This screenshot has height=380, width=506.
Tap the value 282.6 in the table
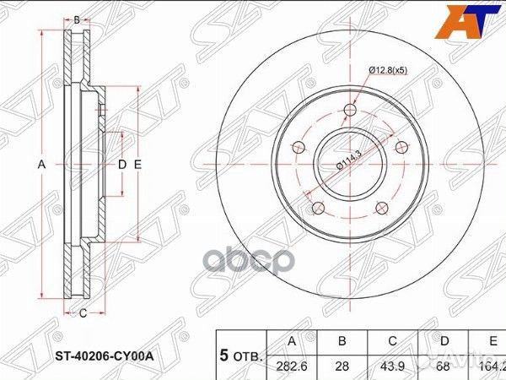(291, 366)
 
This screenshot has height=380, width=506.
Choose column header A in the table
(291, 341)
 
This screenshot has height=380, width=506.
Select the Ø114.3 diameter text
(348, 158)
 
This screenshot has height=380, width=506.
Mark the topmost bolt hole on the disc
(352, 109)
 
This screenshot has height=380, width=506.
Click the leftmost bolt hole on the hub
(297, 148)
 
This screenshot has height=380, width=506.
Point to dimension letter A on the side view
(41, 165)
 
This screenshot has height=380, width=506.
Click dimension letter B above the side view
(77, 19)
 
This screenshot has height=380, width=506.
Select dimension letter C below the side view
(83, 314)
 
